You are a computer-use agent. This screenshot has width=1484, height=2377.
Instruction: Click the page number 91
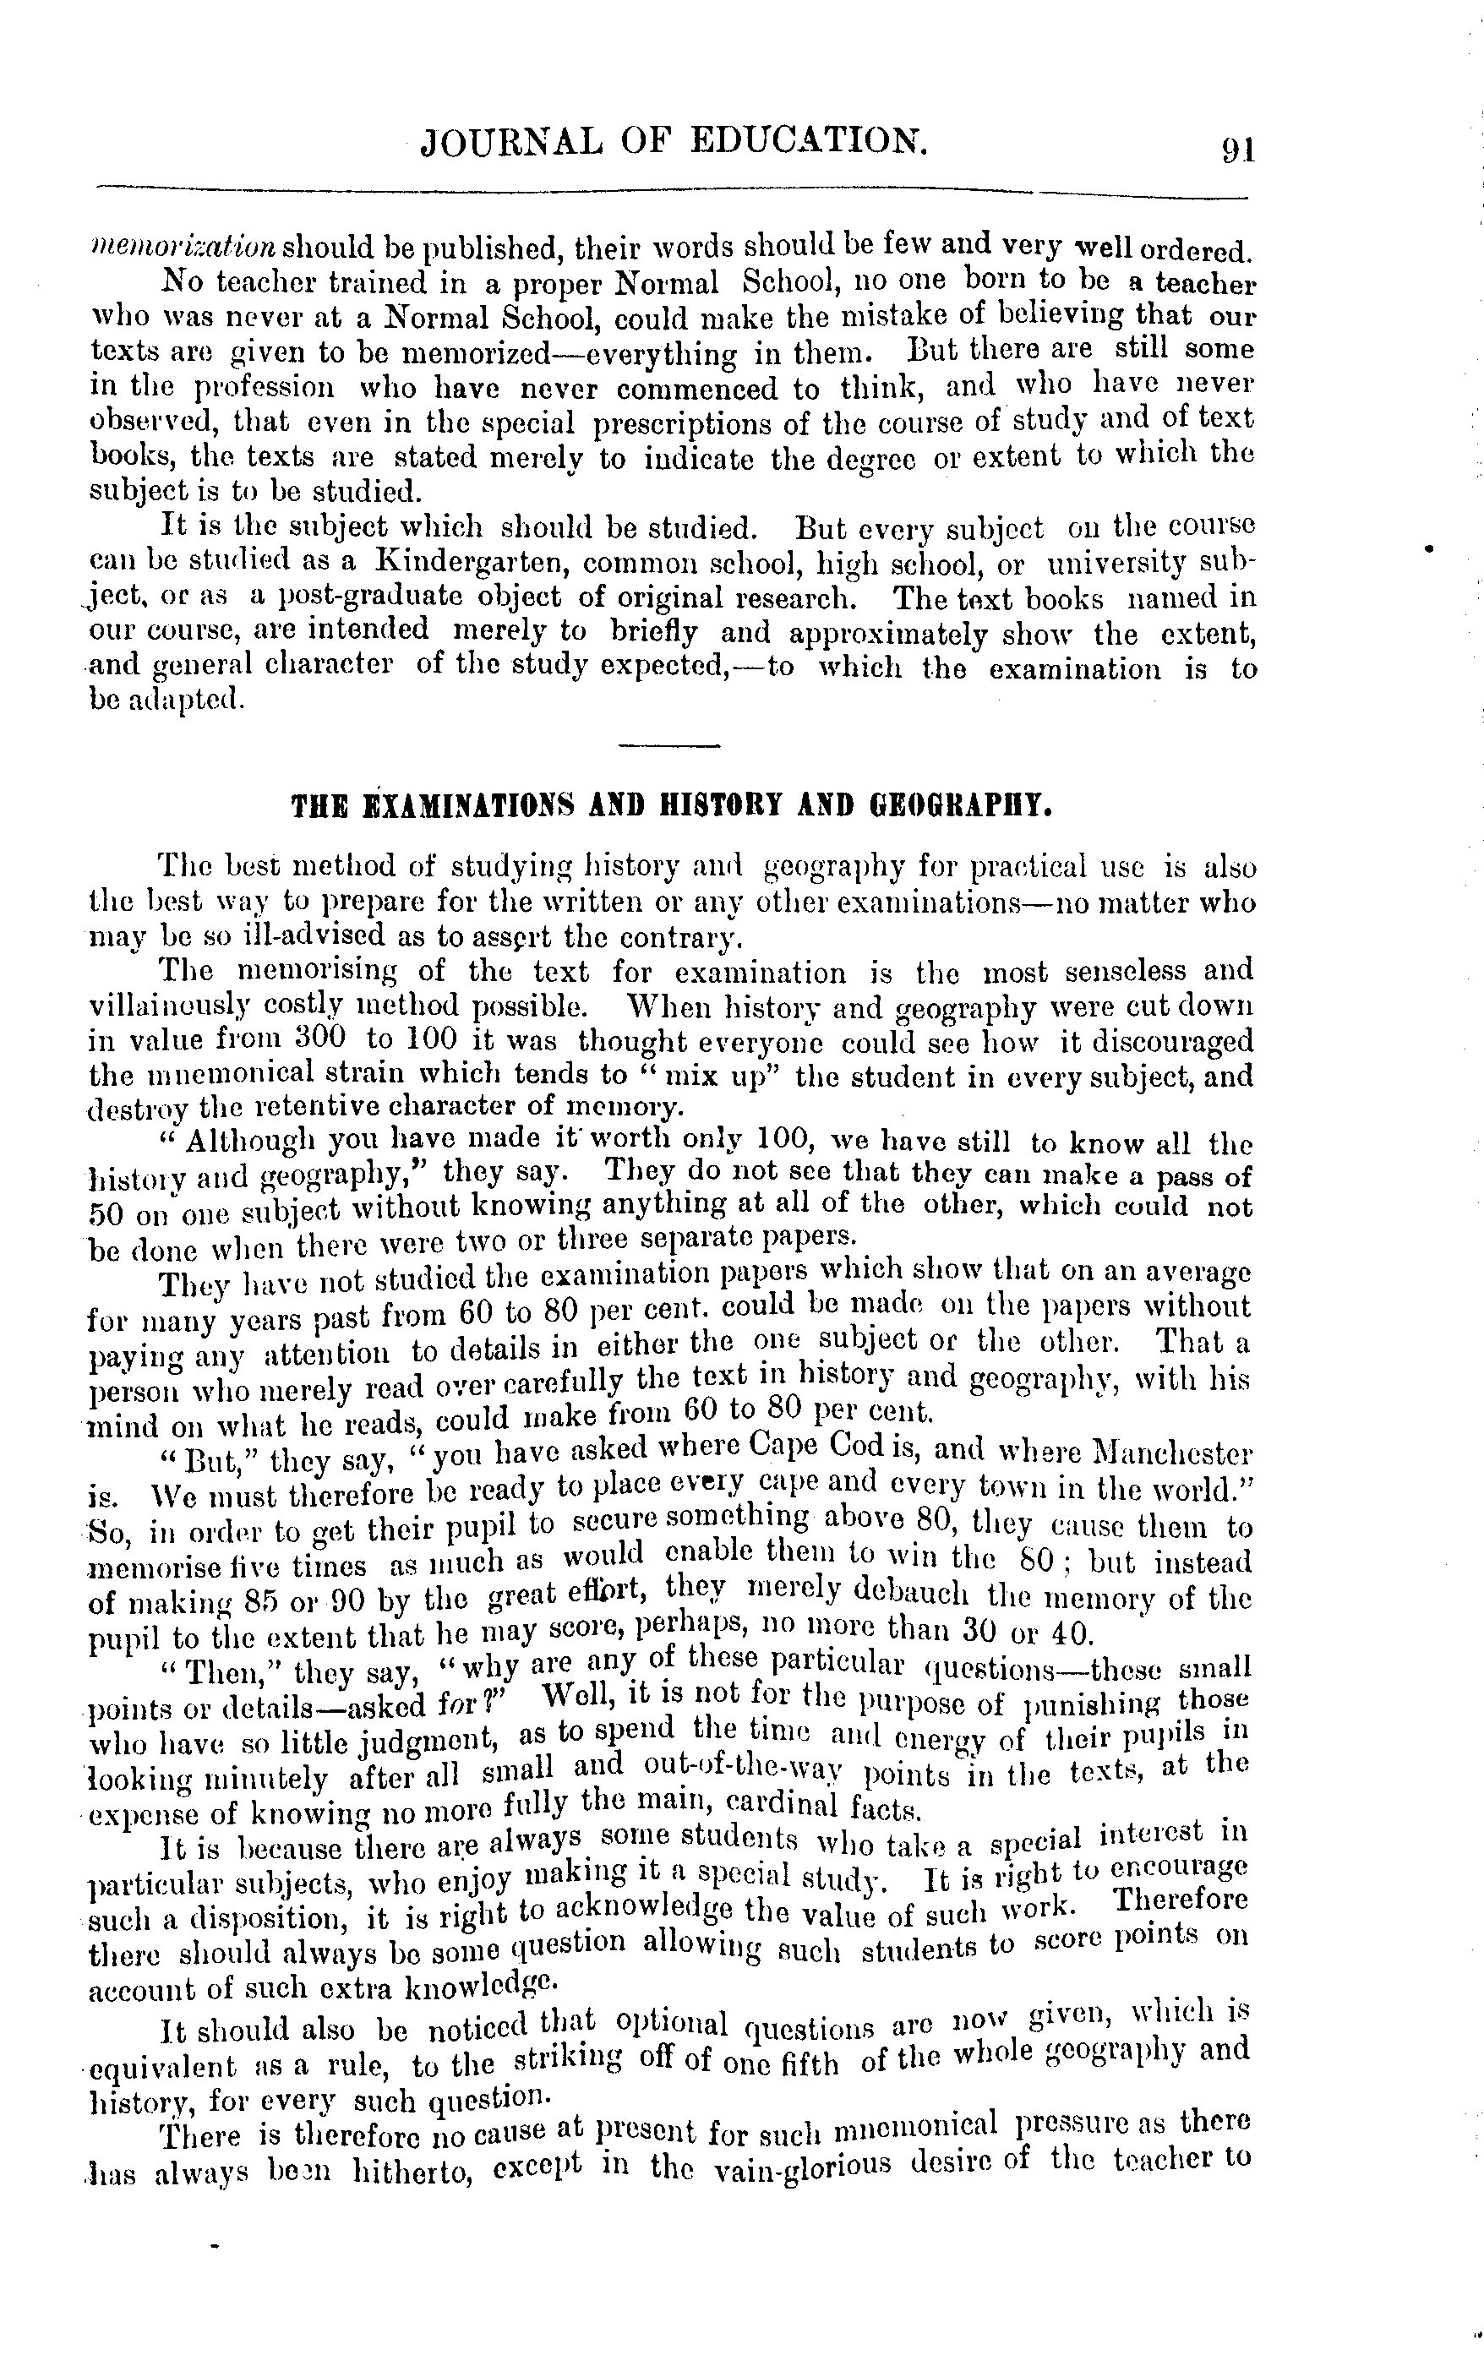1237,150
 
